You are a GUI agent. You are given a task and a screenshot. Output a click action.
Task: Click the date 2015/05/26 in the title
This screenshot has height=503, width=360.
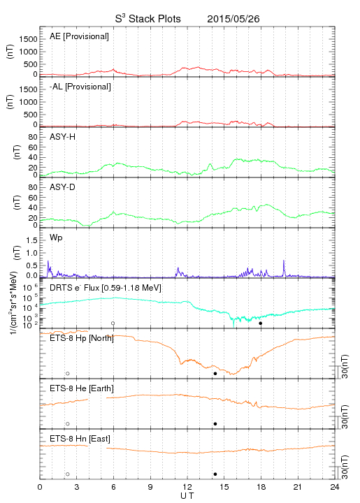(233, 19)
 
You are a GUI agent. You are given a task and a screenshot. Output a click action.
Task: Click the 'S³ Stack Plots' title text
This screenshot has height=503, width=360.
(148, 19)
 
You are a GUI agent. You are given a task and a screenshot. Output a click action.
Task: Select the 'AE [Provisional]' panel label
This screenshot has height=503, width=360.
(79, 36)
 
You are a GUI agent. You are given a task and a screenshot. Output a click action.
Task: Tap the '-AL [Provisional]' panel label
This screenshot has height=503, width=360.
(80, 87)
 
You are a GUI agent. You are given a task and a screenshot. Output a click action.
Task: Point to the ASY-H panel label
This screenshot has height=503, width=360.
(63, 137)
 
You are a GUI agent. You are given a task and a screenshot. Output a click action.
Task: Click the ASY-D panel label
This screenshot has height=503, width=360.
(63, 187)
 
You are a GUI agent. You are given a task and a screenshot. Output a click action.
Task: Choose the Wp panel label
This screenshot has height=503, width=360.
(56, 238)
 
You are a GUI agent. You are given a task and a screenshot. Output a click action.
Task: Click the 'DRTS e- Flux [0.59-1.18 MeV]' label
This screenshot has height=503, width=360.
(106, 288)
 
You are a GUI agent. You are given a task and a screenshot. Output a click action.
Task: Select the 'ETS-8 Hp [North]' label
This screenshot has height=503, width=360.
(82, 338)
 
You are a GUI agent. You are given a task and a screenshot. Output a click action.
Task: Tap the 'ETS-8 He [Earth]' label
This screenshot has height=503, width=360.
(82, 388)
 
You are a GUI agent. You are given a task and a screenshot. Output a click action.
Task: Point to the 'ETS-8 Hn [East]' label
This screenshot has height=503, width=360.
(80, 439)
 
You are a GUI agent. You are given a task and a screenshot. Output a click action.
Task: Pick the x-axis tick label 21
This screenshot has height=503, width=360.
(298, 487)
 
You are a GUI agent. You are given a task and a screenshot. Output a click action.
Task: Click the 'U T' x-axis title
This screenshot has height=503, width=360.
(187, 496)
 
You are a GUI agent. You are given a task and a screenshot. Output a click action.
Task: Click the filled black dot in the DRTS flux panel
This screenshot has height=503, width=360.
(261, 323)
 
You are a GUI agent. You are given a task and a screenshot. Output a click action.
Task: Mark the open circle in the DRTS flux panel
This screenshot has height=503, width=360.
(113, 323)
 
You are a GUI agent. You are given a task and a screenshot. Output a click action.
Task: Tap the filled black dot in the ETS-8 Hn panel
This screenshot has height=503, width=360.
(215, 474)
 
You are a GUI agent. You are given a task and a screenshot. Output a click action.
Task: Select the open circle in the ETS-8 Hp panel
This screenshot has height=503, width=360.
(68, 373)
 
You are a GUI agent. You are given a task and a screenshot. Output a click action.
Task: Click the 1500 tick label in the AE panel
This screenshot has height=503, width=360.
(28, 39)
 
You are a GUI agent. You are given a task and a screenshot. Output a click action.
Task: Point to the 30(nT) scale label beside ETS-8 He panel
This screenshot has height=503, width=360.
(345, 416)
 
